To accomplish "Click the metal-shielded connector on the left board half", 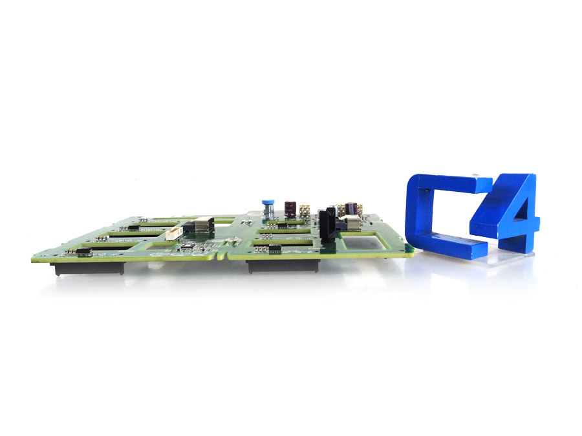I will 202,227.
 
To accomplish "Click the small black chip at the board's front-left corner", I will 82,251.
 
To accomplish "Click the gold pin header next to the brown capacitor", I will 305,210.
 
